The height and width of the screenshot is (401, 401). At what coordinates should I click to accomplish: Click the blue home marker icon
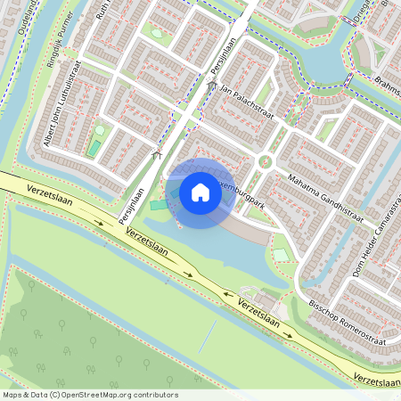coord(200,192)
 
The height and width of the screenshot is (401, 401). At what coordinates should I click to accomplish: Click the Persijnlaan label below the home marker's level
coord(131,204)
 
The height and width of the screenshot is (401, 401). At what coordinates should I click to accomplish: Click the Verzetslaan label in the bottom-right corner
coord(376,381)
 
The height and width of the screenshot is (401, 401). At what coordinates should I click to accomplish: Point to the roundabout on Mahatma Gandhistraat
coord(265,161)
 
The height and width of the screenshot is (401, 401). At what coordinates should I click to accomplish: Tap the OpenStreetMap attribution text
coord(90,395)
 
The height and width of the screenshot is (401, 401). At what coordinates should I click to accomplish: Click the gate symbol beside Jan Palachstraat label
coord(211,85)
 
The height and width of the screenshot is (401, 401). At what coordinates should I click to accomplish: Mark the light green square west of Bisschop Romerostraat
coord(281,255)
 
